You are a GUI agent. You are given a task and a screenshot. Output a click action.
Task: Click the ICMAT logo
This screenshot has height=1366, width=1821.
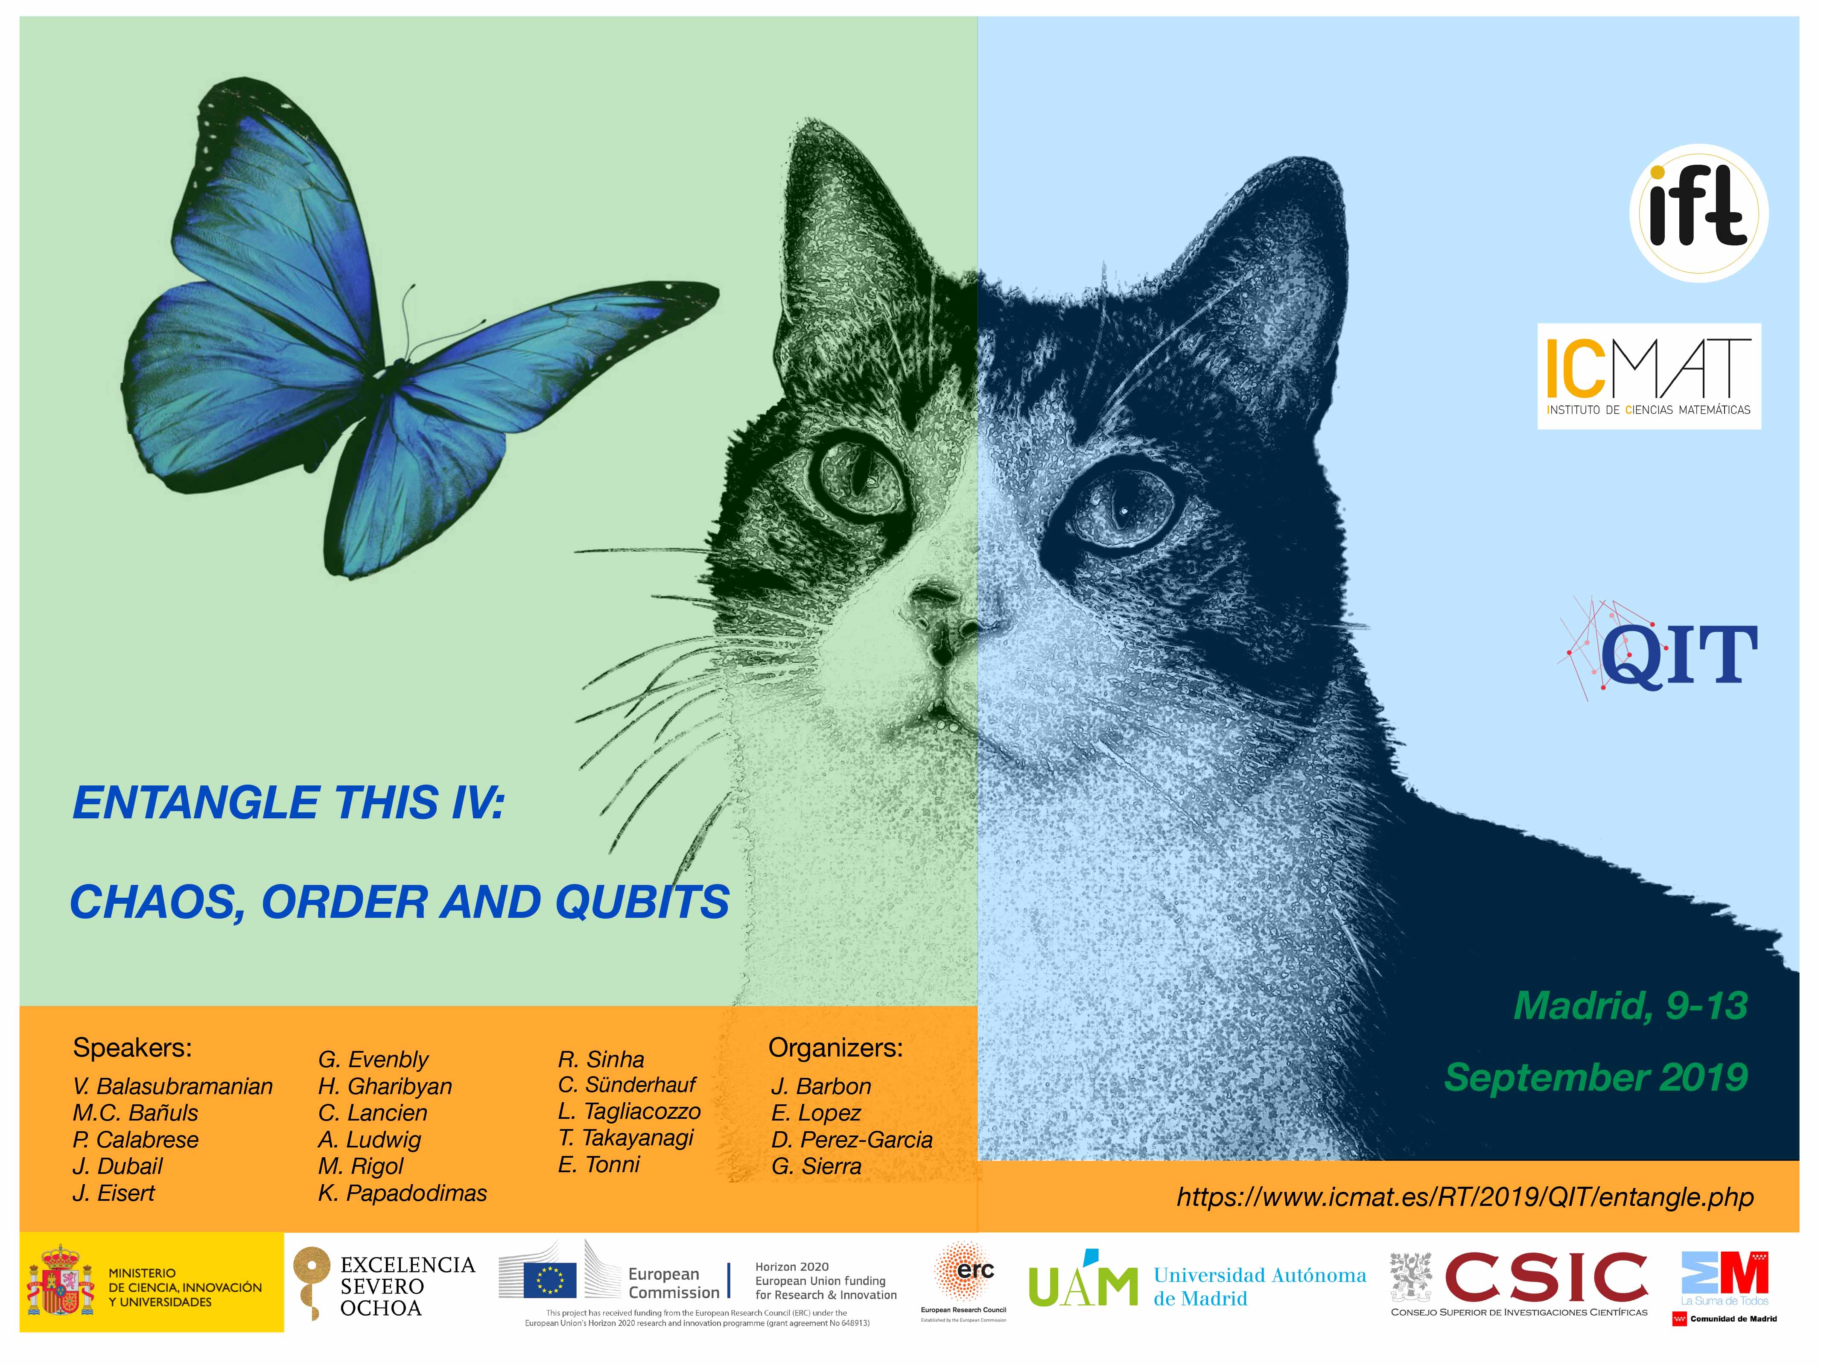point(1649,376)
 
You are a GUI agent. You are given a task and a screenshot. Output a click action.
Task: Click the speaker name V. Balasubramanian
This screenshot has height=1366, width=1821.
point(173,1087)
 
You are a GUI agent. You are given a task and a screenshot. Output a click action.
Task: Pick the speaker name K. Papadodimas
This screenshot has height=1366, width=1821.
point(403,1193)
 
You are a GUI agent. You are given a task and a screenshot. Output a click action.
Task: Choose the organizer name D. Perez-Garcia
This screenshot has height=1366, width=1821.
point(852,1140)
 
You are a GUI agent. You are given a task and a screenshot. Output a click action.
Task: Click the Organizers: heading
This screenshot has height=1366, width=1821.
point(836,1048)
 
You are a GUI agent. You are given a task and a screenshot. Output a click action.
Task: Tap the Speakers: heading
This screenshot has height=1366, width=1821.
point(132,1048)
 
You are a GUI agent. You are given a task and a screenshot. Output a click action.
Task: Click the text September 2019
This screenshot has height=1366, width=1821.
point(1596,1077)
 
